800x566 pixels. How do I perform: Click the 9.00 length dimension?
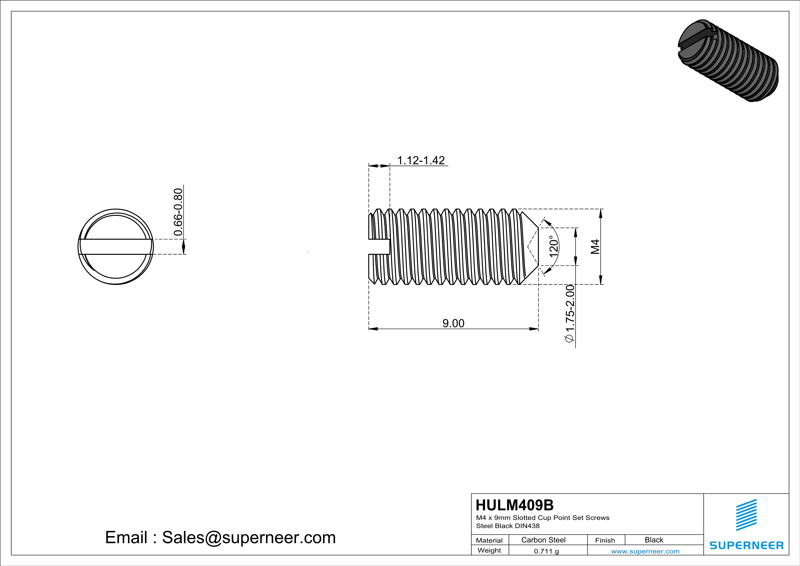click(453, 323)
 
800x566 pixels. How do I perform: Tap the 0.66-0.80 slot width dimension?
click(178, 212)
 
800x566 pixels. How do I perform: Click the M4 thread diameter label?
click(595, 246)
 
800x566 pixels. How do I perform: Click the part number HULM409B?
click(514, 505)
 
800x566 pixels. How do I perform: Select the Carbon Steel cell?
click(543, 540)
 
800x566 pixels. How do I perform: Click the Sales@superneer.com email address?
click(249, 537)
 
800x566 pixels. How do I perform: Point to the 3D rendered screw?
click(728, 61)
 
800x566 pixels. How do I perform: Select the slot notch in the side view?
click(379, 247)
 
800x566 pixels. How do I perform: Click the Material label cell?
click(489, 540)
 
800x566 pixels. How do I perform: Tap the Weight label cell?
click(489, 551)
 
